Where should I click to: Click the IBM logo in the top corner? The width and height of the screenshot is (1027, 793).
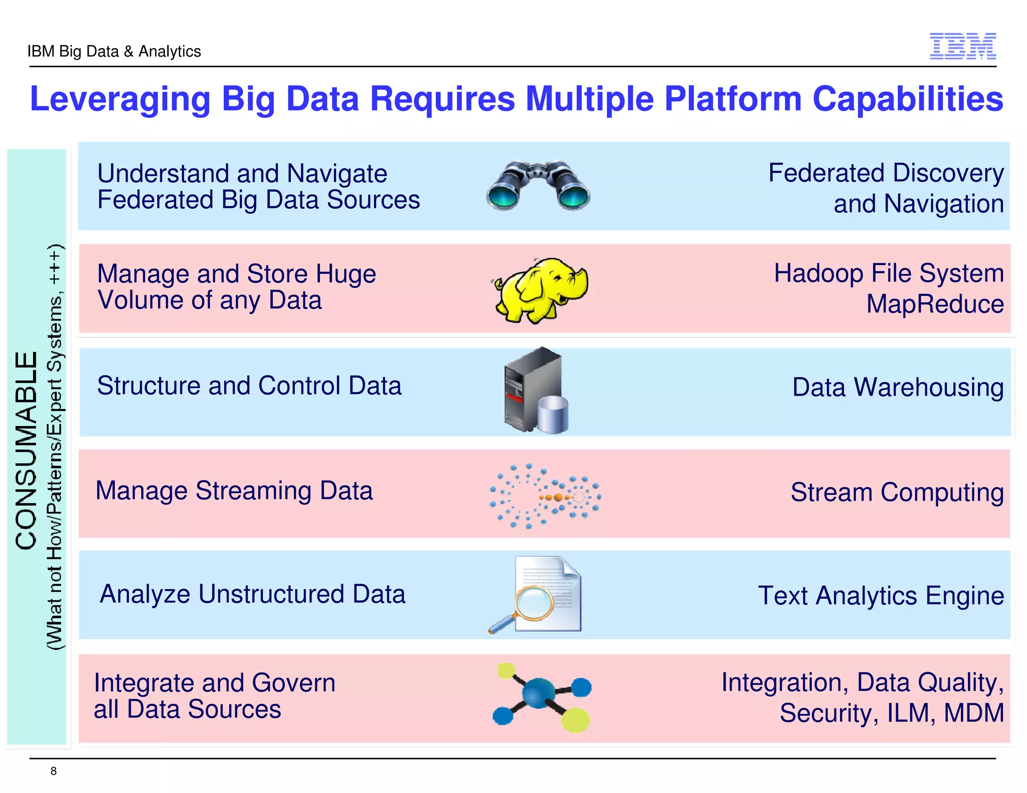tap(962, 46)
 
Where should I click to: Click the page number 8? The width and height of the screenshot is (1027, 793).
tap(54, 771)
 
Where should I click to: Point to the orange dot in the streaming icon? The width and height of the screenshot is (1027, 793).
tap(558, 497)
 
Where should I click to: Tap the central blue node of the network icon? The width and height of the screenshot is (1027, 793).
tap(538, 693)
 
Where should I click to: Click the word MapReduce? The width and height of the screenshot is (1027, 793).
tap(935, 304)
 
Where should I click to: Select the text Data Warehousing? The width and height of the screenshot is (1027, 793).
tap(898, 387)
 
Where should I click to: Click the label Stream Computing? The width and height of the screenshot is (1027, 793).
tap(897, 492)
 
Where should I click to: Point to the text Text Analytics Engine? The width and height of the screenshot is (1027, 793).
tap(881, 596)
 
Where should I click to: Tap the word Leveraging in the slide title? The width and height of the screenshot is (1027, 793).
tap(120, 99)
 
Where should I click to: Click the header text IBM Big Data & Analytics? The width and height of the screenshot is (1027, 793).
tap(114, 51)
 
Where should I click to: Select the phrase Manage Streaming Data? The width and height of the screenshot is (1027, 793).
tap(234, 491)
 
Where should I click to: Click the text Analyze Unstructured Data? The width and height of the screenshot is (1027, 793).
tap(252, 594)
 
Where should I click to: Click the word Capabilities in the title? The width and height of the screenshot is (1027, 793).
tap(907, 99)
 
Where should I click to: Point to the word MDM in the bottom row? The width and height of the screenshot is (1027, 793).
tap(973, 713)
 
